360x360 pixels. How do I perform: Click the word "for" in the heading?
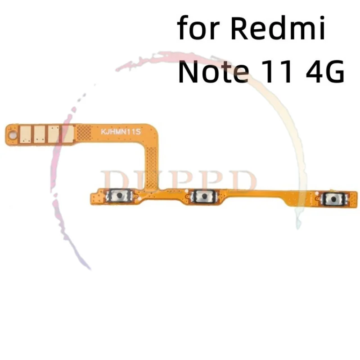(198, 28)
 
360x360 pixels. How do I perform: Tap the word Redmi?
(278, 28)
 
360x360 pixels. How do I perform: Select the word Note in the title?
(213, 71)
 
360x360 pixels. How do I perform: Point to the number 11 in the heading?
(279, 71)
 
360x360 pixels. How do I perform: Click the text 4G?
(325, 71)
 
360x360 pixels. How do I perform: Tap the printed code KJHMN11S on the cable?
(121, 132)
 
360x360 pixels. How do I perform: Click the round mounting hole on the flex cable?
(12, 135)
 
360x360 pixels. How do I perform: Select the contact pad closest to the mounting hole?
(25, 134)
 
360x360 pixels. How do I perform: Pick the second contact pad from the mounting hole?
(40, 134)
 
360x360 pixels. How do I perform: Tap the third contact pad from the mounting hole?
(54, 134)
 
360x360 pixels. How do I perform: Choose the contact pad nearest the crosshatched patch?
(68, 134)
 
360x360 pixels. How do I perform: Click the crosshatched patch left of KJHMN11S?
(84, 133)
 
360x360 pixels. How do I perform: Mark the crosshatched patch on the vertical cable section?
(152, 168)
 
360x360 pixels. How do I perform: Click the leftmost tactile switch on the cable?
(119, 196)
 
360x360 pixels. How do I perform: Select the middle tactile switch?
(204, 196)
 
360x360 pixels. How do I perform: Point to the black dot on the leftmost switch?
(119, 196)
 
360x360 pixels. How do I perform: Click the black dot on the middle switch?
(204, 196)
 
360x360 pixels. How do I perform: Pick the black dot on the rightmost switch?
(334, 198)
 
